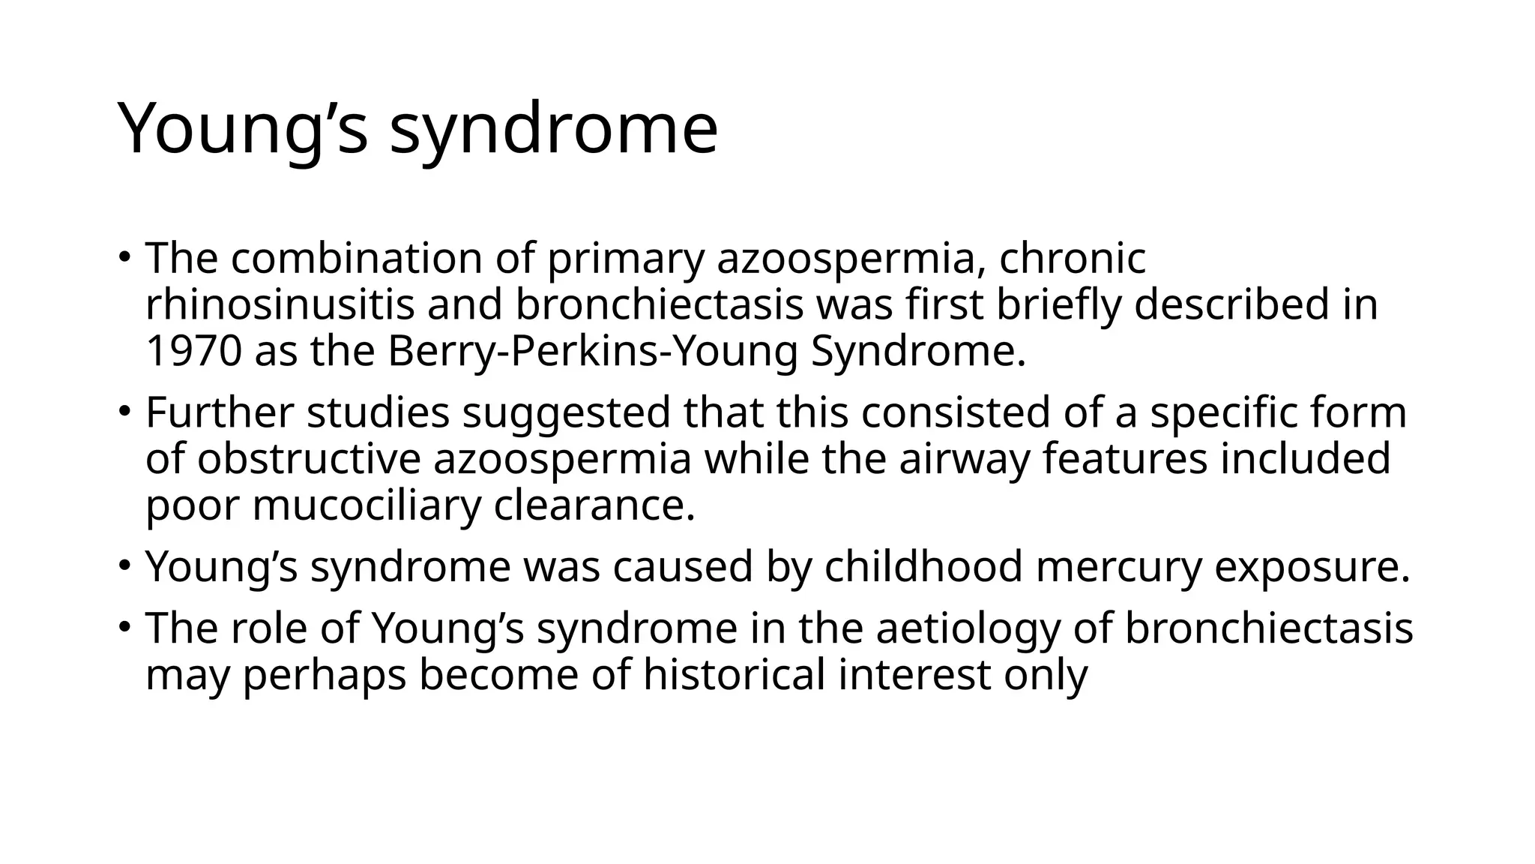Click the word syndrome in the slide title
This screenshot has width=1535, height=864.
pos(553,130)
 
